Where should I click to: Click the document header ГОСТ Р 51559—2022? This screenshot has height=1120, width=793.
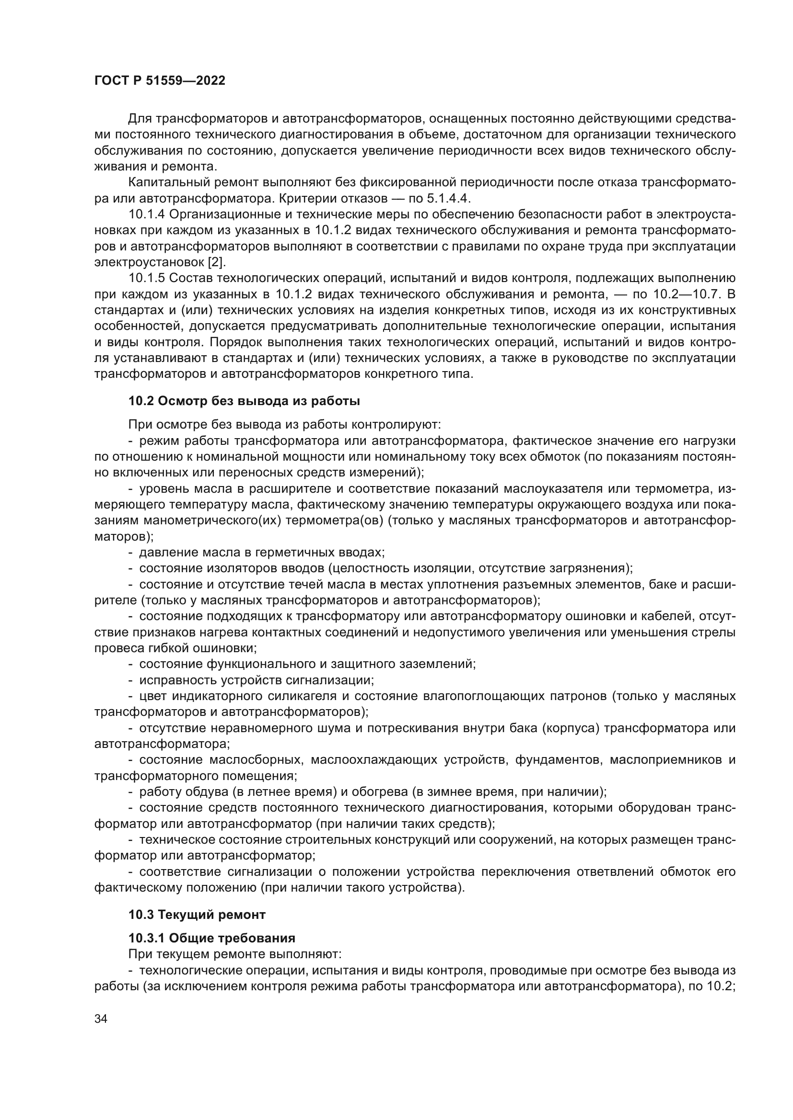coord(160,81)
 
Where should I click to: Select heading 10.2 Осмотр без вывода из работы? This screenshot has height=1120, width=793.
coord(244,401)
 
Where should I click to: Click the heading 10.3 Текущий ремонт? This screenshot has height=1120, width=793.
coord(197,915)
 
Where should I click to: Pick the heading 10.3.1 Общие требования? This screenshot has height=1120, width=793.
coord(212,938)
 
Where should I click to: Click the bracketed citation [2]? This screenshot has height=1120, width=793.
coord(217,262)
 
